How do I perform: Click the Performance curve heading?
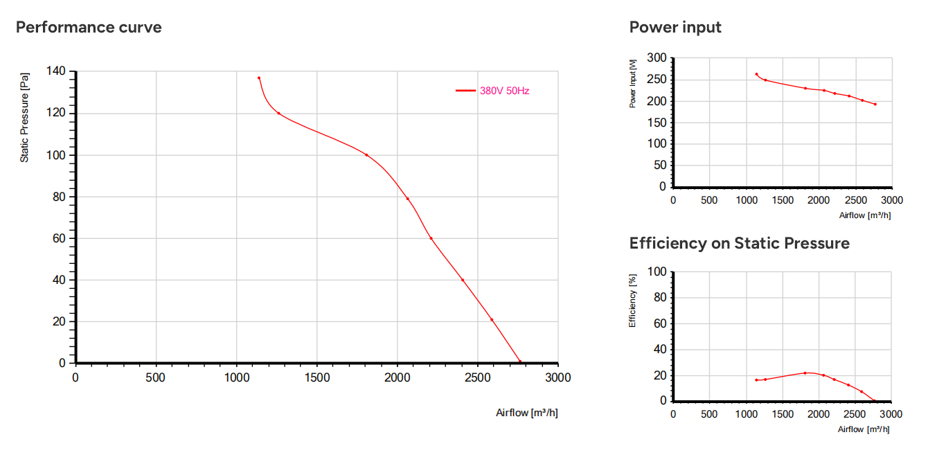89,27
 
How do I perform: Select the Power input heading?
675,27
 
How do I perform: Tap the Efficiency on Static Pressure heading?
740,243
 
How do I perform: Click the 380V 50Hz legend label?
504,91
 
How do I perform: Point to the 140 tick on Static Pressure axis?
56,71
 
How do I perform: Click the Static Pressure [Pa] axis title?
24,118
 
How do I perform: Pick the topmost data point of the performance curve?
259,78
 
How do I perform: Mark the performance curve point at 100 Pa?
366,155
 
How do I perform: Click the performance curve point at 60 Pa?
431,238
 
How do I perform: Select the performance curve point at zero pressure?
520,362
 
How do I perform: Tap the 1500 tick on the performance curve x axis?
317,377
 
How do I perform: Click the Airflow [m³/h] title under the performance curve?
527,413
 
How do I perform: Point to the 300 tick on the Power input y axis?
657,58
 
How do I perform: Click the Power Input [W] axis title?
632,84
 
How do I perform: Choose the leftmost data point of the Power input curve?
756,75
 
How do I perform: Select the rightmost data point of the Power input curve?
875,105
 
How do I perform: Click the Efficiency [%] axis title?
632,301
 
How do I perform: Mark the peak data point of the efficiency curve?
805,373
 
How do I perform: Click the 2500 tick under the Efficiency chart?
855,414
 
